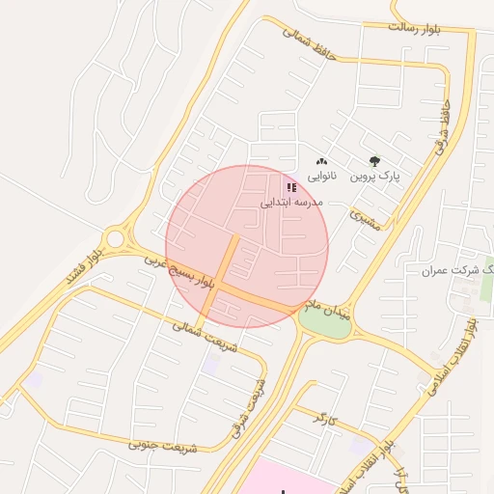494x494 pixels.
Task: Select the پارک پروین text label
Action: tap(374, 178)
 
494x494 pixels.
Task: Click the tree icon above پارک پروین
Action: tap(374, 162)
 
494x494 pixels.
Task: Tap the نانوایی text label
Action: tap(322, 177)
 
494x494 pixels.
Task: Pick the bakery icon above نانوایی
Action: tap(321, 162)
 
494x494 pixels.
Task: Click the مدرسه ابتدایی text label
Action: tap(291, 203)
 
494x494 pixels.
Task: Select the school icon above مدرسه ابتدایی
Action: tap(291, 187)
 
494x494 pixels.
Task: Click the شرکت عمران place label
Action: tap(455, 270)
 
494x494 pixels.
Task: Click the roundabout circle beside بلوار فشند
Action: tap(117, 237)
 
